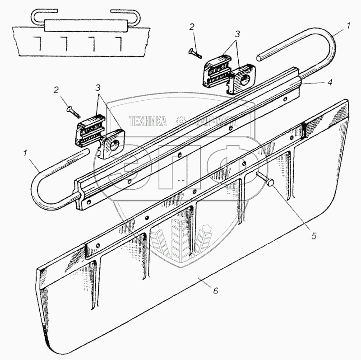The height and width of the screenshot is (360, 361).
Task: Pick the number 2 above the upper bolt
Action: pyautogui.click(x=192, y=28)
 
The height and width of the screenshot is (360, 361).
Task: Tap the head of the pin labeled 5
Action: pyautogui.click(x=271, y=182)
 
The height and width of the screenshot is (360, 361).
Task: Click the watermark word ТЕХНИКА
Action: pyautogui.click(x=148, y=121)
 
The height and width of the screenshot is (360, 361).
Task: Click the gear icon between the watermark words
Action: pyautogui.click(x=181, y=121)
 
